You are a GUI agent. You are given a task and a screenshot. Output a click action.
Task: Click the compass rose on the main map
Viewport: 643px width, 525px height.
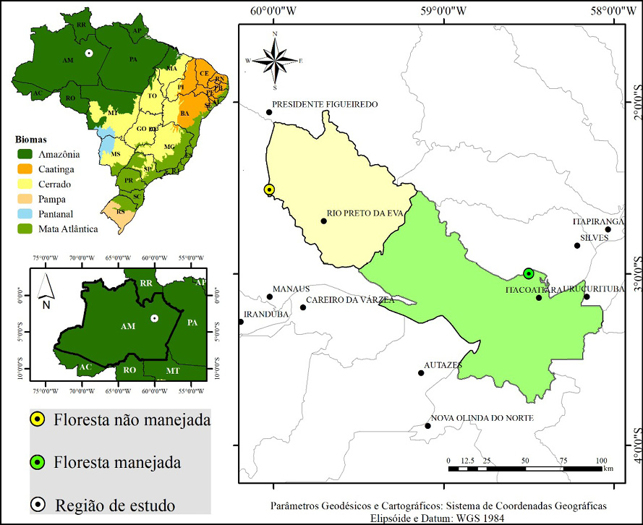(x=274, y=61)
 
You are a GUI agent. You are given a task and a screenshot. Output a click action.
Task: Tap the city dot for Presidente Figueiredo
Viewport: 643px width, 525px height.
(x=269, y=112)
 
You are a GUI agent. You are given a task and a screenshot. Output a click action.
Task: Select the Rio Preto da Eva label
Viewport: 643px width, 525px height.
(x=365, y=213)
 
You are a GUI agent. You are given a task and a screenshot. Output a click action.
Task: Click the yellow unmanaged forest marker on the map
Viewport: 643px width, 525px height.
(x=269, y=190)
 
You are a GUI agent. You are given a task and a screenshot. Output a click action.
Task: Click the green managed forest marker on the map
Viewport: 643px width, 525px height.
(x=529, y=273)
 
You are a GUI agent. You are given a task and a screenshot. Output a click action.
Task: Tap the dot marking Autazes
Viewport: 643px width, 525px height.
(x=421, y=373)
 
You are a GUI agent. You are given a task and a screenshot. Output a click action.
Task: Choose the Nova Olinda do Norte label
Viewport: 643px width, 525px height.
(x=482, y=418)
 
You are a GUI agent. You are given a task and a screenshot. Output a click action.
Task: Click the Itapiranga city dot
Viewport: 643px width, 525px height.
(x=608, y=230)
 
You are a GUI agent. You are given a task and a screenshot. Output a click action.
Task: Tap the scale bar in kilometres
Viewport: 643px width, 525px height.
(x=525, y=469)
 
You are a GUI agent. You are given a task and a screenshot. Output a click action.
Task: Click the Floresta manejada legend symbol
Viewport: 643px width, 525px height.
(x=37, y=461)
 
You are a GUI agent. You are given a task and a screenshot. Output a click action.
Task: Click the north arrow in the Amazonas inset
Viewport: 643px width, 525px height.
(x=44, y=287)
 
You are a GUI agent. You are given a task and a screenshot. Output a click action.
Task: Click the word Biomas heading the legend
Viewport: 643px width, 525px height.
(x=32, y=139)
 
